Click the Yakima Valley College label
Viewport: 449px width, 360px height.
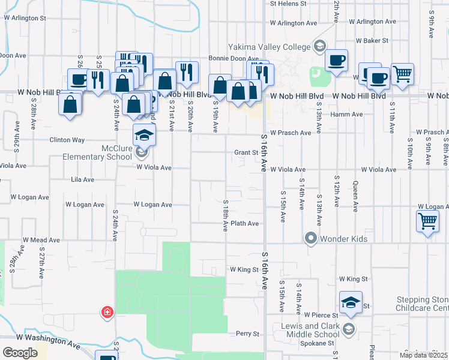[x=268, y=47]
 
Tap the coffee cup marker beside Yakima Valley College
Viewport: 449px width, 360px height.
[x=336, y=61]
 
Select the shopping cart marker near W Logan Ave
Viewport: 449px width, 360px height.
[x=427, y=221]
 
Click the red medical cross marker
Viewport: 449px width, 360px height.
[x=107, y=312]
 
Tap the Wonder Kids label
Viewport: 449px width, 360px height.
[x=343, y=239]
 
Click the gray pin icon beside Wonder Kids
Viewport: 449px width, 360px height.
[x=311, y=239]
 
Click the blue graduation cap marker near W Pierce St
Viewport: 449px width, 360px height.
[x=351, y=303]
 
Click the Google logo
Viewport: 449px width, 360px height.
[x=20, y=353]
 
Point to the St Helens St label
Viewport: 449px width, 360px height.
[x=288, y=4]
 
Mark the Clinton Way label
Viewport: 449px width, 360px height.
[x=67, y=140]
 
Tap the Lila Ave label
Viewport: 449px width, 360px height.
[x=82, y=179]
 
